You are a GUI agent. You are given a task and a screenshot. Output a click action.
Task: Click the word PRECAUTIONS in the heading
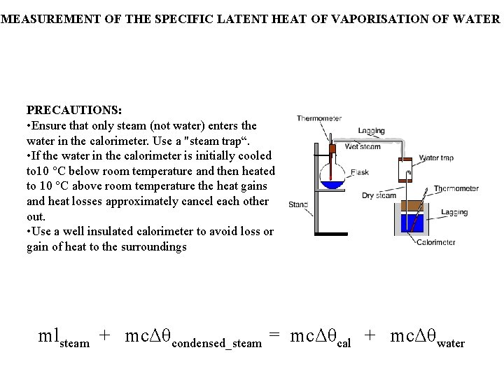point(73,110)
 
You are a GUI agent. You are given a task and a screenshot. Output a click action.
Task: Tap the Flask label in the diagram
point(360,172)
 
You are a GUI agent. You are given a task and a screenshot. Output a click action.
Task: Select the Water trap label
point(436,157)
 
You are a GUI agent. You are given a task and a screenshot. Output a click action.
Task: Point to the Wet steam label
point(363,147)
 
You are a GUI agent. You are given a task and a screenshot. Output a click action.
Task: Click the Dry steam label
point(379,195)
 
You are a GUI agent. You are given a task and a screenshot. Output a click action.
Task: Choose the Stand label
point(297,204)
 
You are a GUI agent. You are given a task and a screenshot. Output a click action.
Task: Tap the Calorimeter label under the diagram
point(435,242)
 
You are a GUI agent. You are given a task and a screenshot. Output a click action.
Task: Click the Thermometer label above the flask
point(319,118)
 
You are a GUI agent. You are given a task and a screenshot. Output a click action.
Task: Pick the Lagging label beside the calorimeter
point(454,212)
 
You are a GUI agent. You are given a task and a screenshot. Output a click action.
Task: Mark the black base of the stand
point(331,233)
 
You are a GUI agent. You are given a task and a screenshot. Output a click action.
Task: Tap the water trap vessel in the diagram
point(406,171)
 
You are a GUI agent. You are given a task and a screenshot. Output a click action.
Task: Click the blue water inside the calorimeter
point(412,224)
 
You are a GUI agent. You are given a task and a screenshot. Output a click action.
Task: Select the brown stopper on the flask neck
point(332,148)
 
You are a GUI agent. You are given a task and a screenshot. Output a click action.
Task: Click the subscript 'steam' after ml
point(75,344)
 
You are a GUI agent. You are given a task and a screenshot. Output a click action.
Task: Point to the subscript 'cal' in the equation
point(344,344)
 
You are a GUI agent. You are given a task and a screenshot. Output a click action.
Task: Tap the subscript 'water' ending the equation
point(450,344)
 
